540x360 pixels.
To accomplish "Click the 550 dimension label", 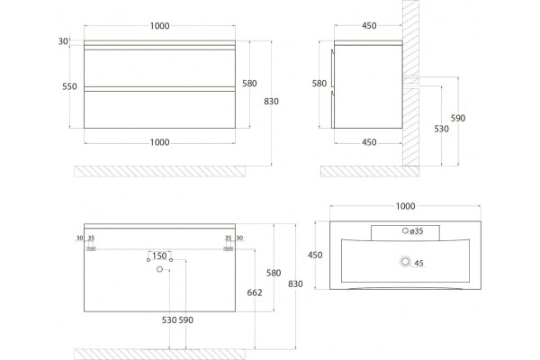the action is [69, 86].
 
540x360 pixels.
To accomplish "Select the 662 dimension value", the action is [255, 292].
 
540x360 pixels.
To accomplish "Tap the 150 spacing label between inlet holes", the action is [159, 256].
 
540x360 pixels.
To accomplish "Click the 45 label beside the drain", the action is [418, 263].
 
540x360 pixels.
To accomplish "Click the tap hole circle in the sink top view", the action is [405, 230].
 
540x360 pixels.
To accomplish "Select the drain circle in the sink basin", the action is [405, 262].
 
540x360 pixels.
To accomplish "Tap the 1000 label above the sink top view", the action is [405, 206].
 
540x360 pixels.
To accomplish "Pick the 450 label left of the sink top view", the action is [315, 255].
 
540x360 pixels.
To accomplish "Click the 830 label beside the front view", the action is [272, 102].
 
